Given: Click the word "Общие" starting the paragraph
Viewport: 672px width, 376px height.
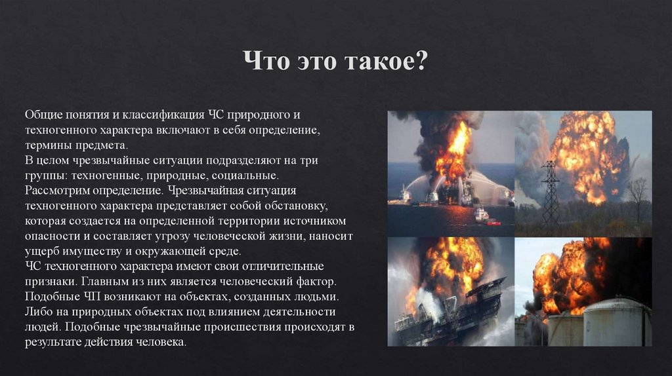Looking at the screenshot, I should tap(41, 115).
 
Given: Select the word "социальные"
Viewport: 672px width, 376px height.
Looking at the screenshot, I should tap(247, 176).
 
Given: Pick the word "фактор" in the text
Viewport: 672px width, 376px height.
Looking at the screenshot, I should tap(314, 282).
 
